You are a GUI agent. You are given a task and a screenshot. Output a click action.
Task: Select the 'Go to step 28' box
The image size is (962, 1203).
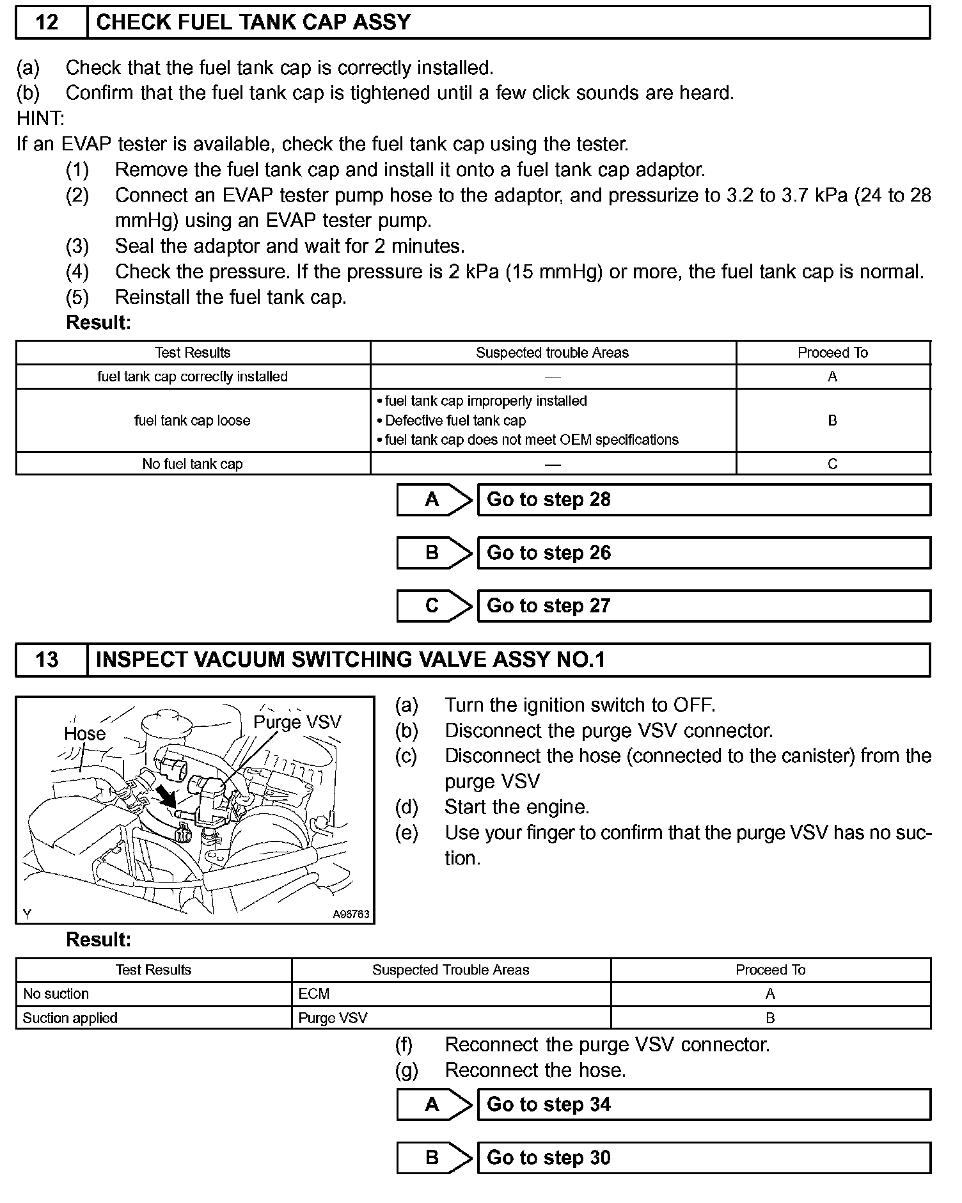click(x=704, y=500)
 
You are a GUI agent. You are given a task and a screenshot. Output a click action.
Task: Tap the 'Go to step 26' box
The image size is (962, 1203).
click(x=704, y=553)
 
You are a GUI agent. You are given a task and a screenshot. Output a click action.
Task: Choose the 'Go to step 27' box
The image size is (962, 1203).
click(x=704, y=606)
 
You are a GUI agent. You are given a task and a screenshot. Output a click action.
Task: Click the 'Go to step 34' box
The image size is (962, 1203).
click(x=704, y=1104)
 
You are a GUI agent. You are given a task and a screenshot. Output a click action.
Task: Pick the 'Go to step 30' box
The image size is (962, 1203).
click(x=704, y=1158)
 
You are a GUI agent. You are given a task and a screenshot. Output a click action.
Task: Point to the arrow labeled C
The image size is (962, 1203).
click(x=434, y=606)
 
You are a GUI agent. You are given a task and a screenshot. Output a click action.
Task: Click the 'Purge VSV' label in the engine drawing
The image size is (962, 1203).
click(x=297, y=722)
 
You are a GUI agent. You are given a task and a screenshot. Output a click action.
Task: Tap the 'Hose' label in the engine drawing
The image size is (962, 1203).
click(x=84, y=733)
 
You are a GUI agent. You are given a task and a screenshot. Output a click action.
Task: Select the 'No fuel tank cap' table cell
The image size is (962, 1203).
click(x=193, y=464)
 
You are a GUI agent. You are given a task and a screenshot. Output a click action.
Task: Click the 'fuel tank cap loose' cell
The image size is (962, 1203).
click(x=193, y=420)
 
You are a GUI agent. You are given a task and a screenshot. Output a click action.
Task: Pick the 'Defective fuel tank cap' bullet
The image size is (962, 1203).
click(x=455, y=420)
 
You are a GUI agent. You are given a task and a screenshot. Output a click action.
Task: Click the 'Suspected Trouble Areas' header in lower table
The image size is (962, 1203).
click(x=450, y=969)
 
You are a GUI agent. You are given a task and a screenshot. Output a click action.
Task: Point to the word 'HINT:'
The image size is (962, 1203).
click(x=40, y=118)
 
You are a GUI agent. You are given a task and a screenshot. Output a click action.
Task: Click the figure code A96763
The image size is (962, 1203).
click(x=351, y=914)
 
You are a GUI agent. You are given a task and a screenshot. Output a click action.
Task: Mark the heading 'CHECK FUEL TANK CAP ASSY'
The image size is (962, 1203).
click(x=253, y=22)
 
